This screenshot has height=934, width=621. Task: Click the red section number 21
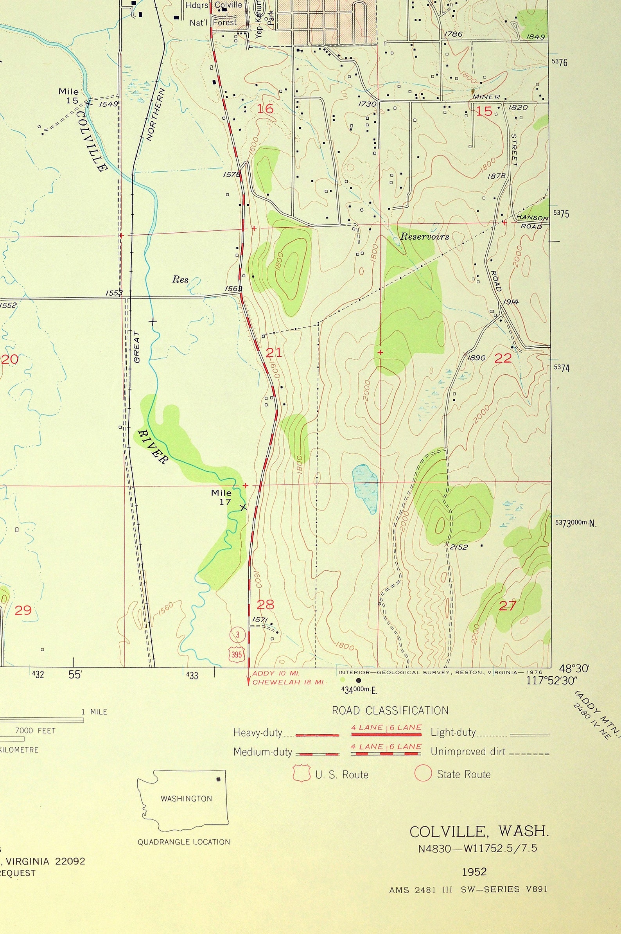274,352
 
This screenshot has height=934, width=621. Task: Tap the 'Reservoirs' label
425,237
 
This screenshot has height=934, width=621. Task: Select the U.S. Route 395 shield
237,654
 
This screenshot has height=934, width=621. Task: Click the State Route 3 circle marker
238,635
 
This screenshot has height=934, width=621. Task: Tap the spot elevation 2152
459,547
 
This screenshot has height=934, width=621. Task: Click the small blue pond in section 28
365,489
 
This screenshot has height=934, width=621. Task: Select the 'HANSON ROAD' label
532,222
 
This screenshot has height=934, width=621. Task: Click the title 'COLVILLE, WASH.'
479,832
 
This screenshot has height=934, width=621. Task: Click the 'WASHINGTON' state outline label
186,799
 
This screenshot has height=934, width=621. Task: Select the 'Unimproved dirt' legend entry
468,751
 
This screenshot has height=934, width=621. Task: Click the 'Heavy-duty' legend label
257,733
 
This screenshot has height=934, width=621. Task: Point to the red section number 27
507,605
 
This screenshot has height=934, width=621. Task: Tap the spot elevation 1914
510,302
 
